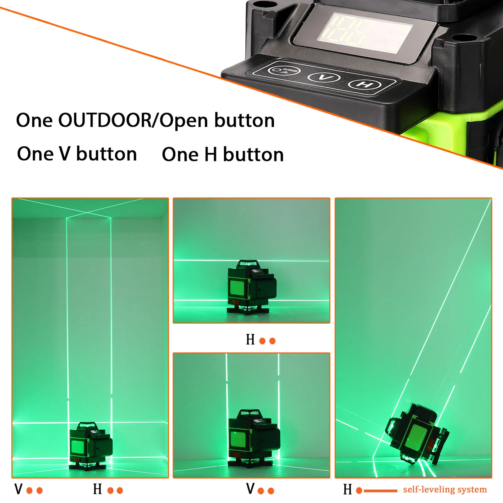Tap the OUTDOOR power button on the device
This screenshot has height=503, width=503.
[284, 70]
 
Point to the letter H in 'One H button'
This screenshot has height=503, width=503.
[211, 155]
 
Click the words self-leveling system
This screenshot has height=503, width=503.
[445, 489]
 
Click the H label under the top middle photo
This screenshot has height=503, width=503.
[250, 340]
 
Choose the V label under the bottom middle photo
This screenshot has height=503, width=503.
[250, 489]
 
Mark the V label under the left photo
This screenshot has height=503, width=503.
[19, 489]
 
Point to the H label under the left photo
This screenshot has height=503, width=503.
[97, 489]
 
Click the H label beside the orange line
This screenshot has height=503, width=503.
[347, 489]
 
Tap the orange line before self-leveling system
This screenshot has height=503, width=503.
[380, 490]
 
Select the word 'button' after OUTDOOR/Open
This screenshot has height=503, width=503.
[244, 120]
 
